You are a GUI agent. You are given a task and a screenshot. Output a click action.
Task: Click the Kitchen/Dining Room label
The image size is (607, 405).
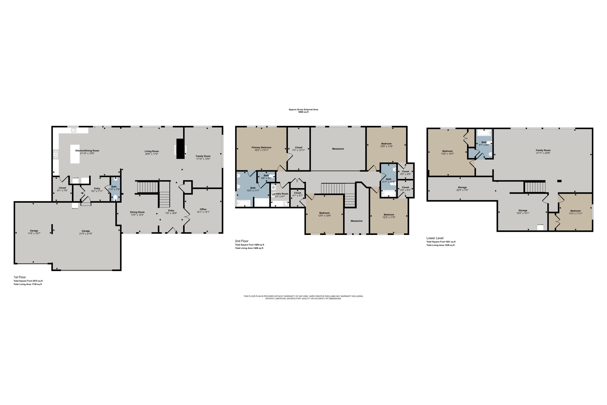pyautogui.click(x=87, y=151)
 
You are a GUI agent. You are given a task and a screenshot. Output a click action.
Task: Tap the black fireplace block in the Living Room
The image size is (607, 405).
pyautogui.click(x=180, y=149)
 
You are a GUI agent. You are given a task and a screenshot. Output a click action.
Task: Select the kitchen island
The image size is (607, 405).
pyautogui.click(x=75, y=154)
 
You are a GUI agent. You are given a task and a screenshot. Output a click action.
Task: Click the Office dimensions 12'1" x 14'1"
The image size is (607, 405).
pyautogui.click(x=203, y=212)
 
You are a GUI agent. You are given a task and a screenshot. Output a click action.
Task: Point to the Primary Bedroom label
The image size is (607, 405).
pyautogui.click(x=261, y=147)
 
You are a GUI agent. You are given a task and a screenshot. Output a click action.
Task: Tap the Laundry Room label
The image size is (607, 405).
pyautogui.click(x=280, y=194)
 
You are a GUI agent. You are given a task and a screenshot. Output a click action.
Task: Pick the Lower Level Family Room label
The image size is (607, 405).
pyautogui.click(x=543, y=150)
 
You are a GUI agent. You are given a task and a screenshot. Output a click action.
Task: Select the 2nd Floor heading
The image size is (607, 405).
pyautogui.click(x=242, y=241)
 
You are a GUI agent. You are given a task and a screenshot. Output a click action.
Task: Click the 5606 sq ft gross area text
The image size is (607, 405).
pyautogui.click(x=303, y=112)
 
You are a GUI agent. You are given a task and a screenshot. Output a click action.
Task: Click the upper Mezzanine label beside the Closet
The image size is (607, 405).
pyautogui.click(x=338, y=149)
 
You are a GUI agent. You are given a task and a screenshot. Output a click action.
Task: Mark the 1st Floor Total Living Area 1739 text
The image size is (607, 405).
pyautogui.click(x=28, y=284)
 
